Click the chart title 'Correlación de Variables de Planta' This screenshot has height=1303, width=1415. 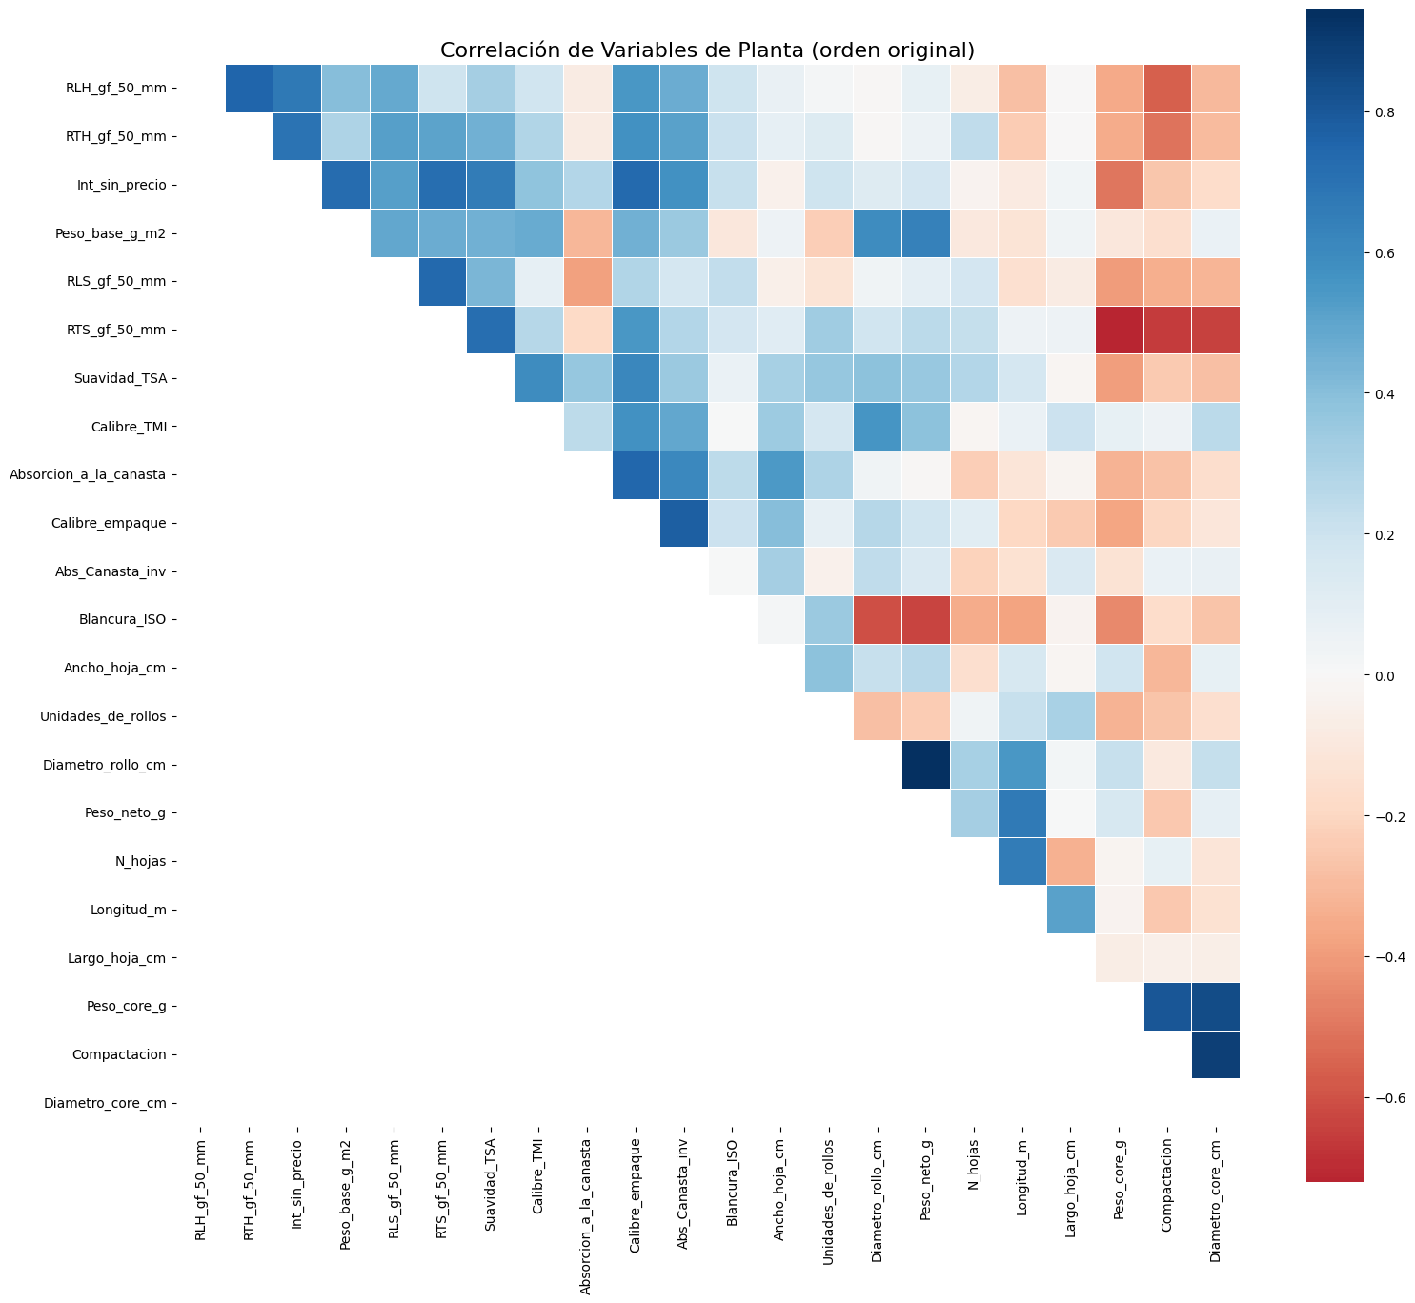(707, 50)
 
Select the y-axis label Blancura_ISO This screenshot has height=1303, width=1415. (122, 620)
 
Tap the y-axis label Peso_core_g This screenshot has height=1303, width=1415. (125, 1006)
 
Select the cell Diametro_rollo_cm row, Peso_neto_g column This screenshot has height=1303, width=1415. (925, 765)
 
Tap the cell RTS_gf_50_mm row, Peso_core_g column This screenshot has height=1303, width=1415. (1119, 331)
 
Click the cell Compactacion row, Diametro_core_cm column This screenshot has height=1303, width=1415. (1215, 1054)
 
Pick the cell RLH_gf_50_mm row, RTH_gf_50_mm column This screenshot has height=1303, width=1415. (250, 89)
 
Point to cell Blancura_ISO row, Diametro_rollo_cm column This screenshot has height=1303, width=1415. (877, 620)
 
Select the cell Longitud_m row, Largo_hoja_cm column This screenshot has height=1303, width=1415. (1070, 910)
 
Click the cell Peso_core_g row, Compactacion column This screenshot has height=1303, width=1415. (1167, 1006)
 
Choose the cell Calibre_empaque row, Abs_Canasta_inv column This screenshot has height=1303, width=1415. (684, 523)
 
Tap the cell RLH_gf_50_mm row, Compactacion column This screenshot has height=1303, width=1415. (1167, 89)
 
